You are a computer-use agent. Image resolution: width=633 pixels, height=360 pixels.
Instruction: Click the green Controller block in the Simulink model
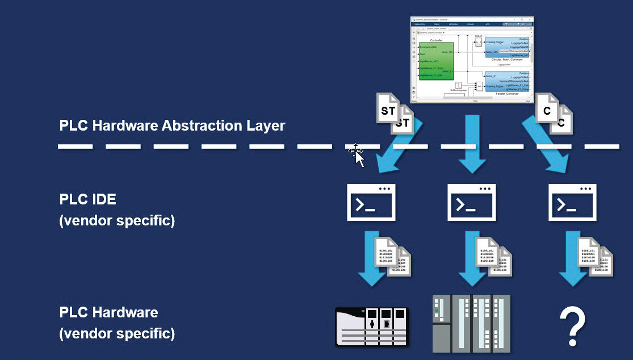click(436, 68)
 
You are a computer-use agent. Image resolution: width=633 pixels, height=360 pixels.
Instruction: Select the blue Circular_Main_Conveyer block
click(506, 48)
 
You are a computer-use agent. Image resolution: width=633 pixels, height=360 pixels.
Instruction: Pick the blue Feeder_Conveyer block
click(507, 82)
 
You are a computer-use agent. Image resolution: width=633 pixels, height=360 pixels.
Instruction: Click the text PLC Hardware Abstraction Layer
click(172, 125)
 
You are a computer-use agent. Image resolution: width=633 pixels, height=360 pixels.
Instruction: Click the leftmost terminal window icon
click(371, 202)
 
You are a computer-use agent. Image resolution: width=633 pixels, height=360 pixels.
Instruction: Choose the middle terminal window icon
click(471, 202)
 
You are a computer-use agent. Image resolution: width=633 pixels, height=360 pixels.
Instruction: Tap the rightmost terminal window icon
click(572, 202)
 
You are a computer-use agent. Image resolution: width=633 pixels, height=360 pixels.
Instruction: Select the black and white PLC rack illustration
click(372, 326)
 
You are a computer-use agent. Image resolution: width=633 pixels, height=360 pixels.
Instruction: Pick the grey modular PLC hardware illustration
click(471, 324)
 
